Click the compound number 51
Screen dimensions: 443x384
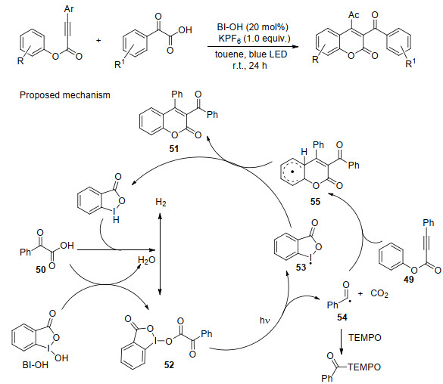[174, 149]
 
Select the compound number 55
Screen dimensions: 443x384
[315, 202]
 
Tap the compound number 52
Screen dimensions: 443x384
[169, 365]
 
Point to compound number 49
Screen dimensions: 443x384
[408, 280]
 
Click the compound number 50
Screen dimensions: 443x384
[41, 270]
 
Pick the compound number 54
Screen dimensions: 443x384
[342, 317]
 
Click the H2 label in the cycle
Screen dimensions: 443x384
[161, 202]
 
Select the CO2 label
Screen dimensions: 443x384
[379, 294]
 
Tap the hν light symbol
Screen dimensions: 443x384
[265, 321]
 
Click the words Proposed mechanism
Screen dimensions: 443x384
[65, 95]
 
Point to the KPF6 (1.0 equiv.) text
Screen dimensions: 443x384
[254, 39]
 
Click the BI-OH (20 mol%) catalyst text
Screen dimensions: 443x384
[253, 27]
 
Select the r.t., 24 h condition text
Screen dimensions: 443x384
[250, 66]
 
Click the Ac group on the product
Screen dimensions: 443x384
[354, 14]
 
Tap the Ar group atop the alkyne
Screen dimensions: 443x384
[69, 9]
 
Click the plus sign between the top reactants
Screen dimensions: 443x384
[98, 41]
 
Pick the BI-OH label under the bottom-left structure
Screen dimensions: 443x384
[36, 365]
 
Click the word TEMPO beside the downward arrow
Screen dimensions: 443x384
[365, 337]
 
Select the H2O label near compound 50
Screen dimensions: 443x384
[147, 260]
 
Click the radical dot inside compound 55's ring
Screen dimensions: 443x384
[293, 172]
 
